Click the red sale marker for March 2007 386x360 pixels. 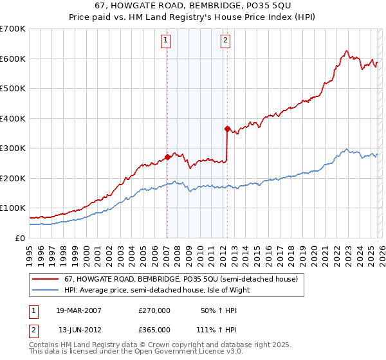click(167, 156)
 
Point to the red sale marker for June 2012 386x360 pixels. click(227, 129)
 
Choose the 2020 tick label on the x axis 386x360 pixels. click(313, 251)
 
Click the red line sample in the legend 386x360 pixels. click(45, 280)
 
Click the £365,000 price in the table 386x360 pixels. click(154, 329)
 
